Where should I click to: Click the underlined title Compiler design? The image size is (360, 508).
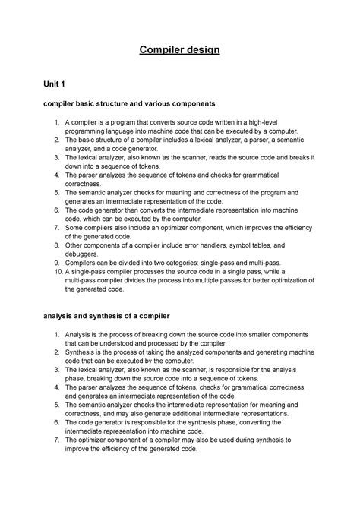[x=179, y=51]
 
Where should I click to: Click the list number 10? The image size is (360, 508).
[x=55, y=270]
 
